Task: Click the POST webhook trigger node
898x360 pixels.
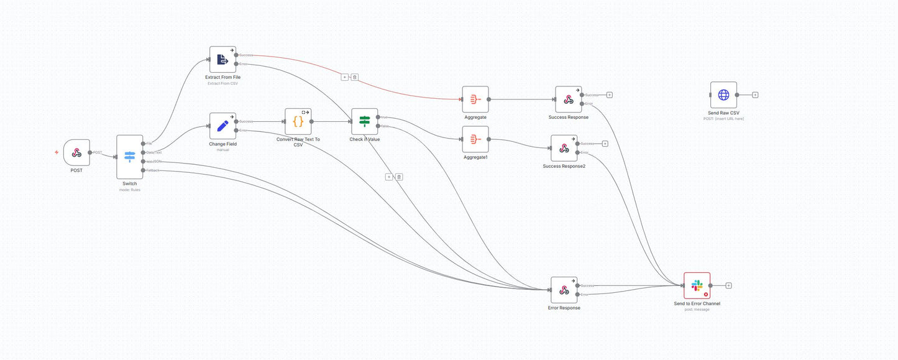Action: [x=76, y=152]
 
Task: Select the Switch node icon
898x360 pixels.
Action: [x=129, y=157]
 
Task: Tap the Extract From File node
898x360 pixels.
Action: [x=222, y=59]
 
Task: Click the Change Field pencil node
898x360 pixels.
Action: [x=222, y=126]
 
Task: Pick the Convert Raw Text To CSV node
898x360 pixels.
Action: [x=298, y=121]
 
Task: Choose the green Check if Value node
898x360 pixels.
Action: [x=364, y=121]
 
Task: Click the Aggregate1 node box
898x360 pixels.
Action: [x=475, y=139]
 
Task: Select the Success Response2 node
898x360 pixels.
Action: [x=564, y=148]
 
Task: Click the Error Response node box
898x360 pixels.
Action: [x=564, y=290]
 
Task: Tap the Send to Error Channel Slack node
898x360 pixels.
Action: [x=697, y=285]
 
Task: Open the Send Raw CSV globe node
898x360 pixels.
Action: [x=723, y=95]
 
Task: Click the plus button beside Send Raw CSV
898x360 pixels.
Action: [x=755, y=95]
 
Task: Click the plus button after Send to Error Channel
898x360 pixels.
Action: [x=728, y=285]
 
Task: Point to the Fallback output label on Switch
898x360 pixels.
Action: [x=153, y=170]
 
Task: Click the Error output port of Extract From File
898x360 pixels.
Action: [x=236, y=63]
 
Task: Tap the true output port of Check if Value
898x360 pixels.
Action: [x=378, y=117]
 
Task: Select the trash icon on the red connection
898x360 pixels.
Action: [x=354, y=77]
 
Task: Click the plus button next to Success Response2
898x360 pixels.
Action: [x=605, y=144]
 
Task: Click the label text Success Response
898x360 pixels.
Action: [x=568, y=117]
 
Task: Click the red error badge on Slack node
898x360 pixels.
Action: [x=706, y=294]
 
